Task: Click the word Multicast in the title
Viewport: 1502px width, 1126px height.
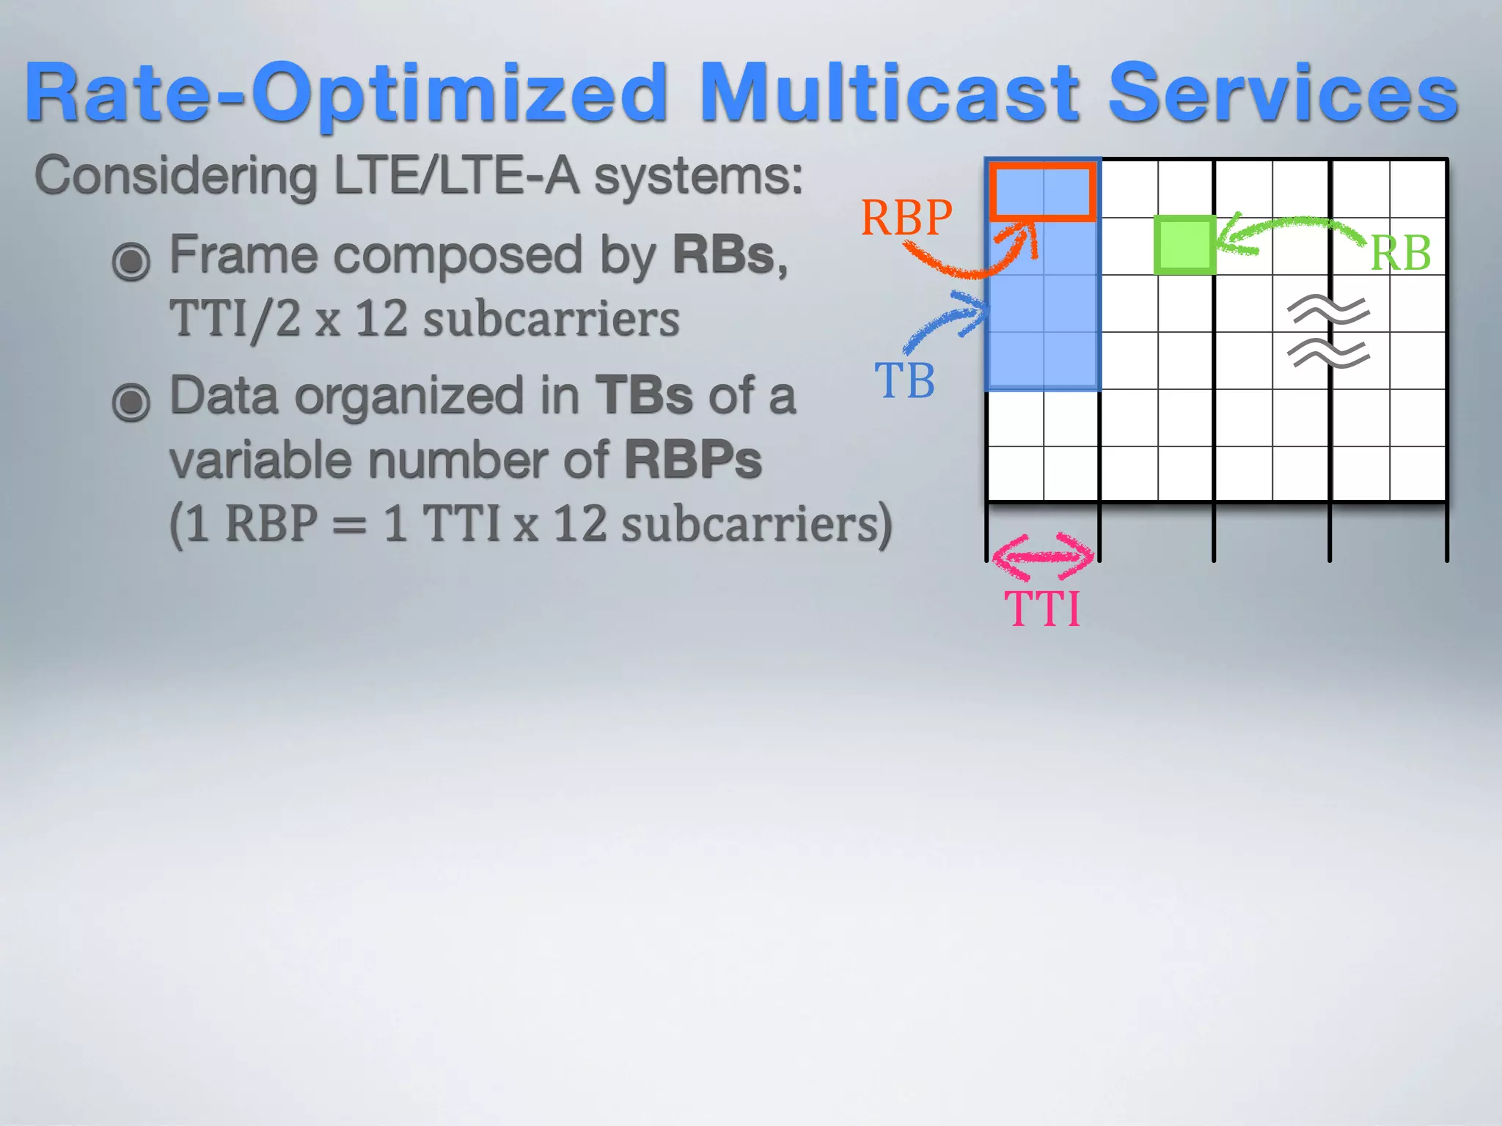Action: [889, 93]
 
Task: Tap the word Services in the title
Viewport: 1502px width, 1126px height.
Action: [1283, 93]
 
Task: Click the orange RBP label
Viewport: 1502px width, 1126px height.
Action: [906, 218]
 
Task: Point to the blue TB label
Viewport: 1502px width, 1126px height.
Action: [904, 381]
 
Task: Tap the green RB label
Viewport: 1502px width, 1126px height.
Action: [1400, 254]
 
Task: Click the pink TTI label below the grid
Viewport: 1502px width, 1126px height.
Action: [1042, 608]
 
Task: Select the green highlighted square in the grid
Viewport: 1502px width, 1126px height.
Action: [1184, 246]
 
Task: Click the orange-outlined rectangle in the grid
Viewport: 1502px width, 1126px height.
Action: [1042, 191]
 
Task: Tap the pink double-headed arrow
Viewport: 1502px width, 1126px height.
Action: [1042, 557]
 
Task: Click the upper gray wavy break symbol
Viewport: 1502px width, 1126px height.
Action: [1328, 310]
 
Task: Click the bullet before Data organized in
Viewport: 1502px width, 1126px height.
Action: [131, 402]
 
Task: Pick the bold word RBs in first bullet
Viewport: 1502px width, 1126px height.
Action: [723, 254]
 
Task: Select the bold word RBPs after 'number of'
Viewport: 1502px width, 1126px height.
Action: [692, 460]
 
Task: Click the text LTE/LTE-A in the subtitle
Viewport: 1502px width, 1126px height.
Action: [455, 176]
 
